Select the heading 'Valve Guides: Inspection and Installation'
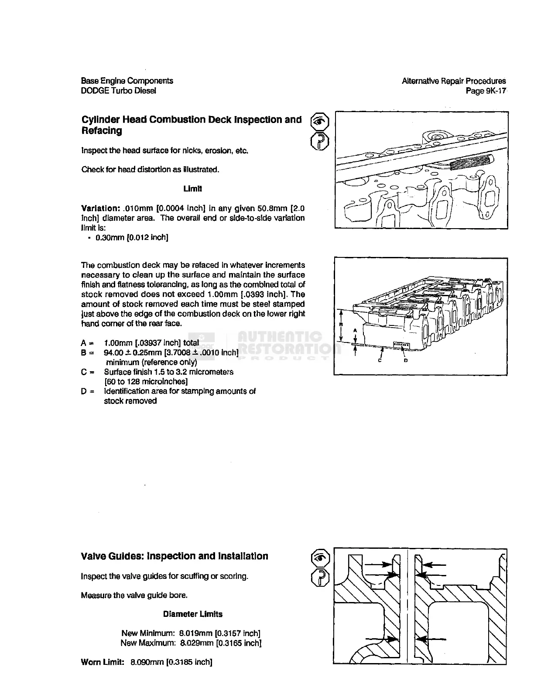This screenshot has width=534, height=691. click(x=175, y=556)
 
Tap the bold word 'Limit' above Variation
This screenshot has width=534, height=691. click(x=192, y=189)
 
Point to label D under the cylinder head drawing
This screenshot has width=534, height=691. click(x=406, y=361)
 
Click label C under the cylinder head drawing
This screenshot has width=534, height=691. click(x=380, y=361)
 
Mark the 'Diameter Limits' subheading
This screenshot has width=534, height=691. click(x=192, y=614)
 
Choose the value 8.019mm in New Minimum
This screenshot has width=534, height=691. click(x=195, y=633)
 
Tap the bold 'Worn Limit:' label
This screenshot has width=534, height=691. click(x=103, y=662)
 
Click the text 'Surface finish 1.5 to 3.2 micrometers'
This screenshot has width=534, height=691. click(x=168, y=372)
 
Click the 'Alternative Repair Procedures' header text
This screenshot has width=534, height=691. click(x=454, y=81)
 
